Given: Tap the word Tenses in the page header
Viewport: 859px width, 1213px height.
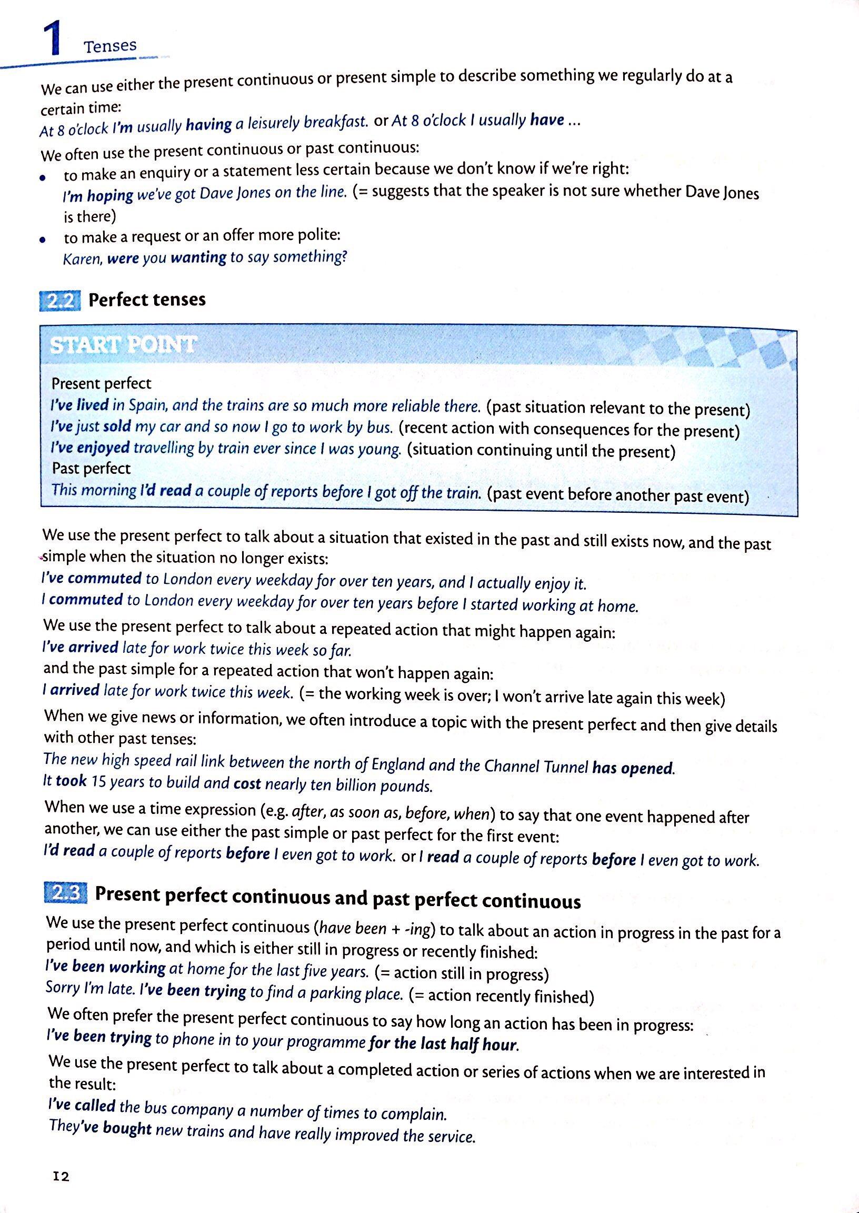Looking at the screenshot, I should click(110, 46).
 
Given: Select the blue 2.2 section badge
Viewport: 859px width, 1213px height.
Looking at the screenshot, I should click(60, 301).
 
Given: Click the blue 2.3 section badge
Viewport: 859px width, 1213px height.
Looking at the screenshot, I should click(66, 893).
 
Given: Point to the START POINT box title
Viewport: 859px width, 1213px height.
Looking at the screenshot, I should click(122, 345).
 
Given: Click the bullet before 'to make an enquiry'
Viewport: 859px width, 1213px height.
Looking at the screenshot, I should click(42, 178).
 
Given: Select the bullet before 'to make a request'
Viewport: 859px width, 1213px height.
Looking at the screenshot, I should click(43, 240).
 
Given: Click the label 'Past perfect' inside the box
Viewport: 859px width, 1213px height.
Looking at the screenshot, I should click(91, 469).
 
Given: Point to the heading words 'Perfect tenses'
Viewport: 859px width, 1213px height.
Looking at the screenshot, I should click(147, 300).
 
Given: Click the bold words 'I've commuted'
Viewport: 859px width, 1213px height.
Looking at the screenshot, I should click(92, 578).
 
